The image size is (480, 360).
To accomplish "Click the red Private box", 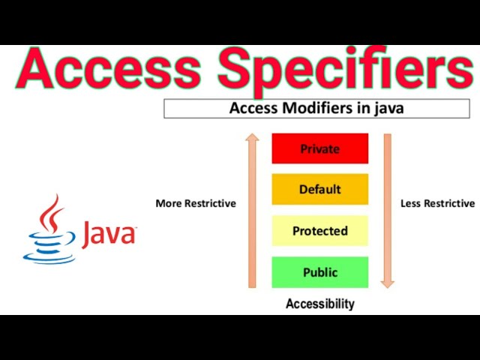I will click(320, 148).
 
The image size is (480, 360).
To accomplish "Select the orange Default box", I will click(320, 189).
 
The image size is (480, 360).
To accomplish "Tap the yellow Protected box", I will click(320, 231).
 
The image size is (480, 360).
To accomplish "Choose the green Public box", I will click(320, 272).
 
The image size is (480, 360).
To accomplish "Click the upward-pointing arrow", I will click(253, 210).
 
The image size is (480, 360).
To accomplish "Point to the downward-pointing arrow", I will click(387, 210).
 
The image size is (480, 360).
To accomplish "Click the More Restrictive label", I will click(196, 203).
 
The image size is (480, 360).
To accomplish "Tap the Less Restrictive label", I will click(438, 203).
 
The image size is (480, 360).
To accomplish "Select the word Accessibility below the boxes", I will click(320, 304).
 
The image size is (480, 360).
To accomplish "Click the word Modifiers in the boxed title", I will click(313, 108).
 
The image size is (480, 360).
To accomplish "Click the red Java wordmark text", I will click(109, 233).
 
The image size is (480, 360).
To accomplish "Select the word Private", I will click(320, 148).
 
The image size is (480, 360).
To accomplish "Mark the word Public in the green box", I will click(320, 272).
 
